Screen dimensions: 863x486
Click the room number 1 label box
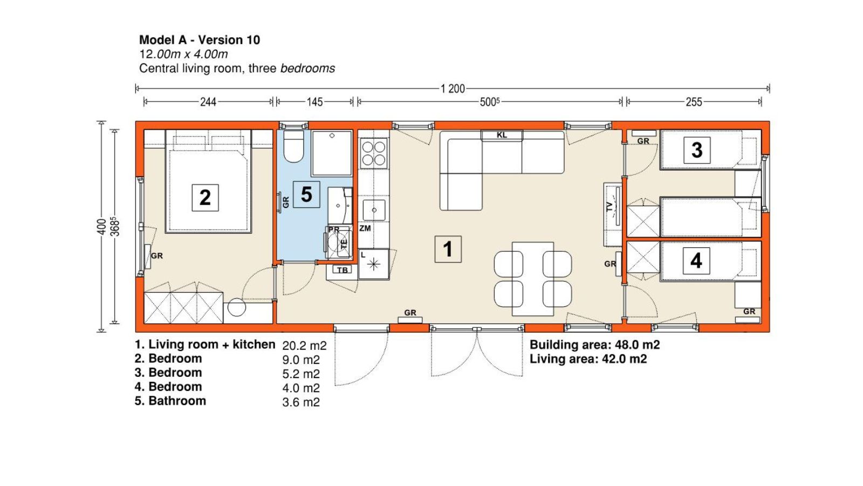click(x=448, y=249)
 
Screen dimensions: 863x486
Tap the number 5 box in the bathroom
click(x=306, y=194)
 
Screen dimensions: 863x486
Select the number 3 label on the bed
click(x=696, y=150)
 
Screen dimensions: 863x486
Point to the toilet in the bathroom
click(x=293, y=146)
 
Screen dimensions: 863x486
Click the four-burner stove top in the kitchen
click(x=373, y=153)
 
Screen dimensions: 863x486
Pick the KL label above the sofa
click(x=502, y=135)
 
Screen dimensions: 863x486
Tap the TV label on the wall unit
click(x=609, y=206)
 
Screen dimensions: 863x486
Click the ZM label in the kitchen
click(x=365, y=228)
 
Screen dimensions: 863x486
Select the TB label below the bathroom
click(x=342, y=270)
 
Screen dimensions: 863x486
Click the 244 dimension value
click(x=208, y=102)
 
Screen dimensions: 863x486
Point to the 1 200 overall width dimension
click(x=453, y=89)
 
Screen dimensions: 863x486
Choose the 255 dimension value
click(x=694, y=102)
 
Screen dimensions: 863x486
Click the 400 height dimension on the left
click(x=101, y=226)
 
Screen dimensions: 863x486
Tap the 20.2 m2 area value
click(x=304, y=346)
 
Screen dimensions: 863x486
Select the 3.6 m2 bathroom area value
click(x=301, y=402)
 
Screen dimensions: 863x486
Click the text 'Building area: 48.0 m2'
click(x=594, y=345)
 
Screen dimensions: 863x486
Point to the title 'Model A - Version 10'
click(x=200, y=40)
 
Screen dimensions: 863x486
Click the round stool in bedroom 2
click(x=237, y=307)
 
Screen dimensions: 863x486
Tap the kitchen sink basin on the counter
click(x=374, y=210)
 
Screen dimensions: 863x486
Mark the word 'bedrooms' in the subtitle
click(x=307, y=68)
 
